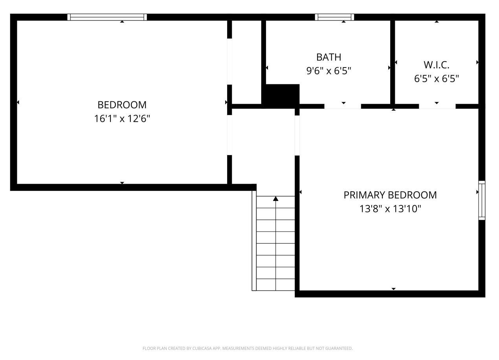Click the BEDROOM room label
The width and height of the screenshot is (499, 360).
click(x=122, y=105)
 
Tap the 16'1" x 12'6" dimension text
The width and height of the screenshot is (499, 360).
click(x=122, y=119)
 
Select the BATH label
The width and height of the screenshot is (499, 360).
click(x=328, y=57)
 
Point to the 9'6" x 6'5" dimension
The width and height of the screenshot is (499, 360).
click(x=328, y=71)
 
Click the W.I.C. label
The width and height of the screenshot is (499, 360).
click(x=436, y=65)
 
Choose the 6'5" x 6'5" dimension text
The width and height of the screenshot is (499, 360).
click(x=436, y=79)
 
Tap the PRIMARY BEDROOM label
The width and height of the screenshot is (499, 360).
click(x=390, y=195)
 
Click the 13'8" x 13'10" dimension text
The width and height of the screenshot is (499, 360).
click(x=390, y=209)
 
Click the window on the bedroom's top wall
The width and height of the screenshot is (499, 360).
click(x=107, y=17)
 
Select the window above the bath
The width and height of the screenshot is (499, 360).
click(x=334, y=17)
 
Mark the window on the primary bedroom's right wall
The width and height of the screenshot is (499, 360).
click(x=482, y=200)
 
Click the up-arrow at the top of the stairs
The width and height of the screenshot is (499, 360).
click(x=276, y=199)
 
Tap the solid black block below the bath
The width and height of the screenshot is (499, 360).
click(x=281, y=95)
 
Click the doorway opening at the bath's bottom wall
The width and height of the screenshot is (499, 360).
click(x=343, y=106)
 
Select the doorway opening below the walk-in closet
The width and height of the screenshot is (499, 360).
click(x=437, y=106)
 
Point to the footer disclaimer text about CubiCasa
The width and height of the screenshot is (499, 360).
click(x=248, y=348)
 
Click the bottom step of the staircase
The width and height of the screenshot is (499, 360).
click(x=275, y=285)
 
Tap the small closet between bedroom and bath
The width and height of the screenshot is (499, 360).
click(x=246, y=62)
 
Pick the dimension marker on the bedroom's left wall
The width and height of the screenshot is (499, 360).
click(x=18, y=102)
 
